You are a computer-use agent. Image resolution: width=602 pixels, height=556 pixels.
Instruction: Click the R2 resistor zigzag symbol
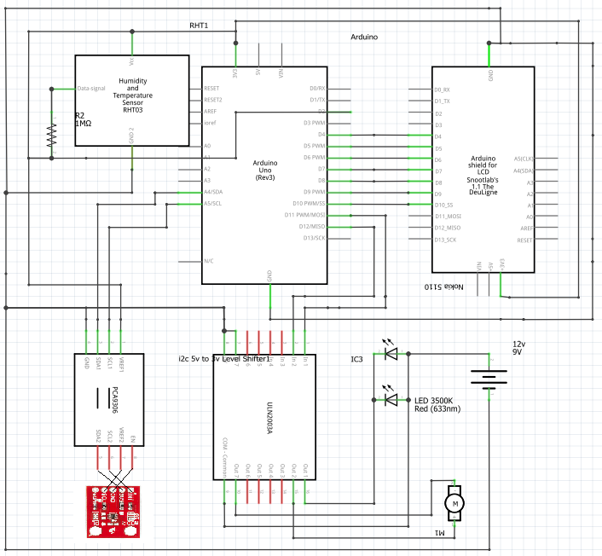(50, 134)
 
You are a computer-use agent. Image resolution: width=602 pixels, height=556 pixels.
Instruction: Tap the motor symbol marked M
(455, 502)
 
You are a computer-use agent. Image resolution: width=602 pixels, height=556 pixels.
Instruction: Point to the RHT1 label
(199, 26)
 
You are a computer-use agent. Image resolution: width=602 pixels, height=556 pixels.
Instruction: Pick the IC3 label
(357, 359)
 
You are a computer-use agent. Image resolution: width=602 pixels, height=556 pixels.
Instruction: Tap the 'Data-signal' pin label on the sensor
(92, 88)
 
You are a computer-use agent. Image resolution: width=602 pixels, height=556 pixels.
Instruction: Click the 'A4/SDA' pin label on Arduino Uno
(212, 192)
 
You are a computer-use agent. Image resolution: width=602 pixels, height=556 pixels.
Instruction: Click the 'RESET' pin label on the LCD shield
(524, 240)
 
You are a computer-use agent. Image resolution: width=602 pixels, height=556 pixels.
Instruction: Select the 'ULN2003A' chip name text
(266, 417)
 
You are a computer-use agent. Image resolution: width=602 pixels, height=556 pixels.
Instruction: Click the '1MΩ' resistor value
(84, 124)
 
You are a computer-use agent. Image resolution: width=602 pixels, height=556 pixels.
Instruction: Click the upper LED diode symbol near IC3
(391, 350)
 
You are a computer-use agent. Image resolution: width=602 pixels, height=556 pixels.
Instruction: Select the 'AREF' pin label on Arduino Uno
(210, 111)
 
